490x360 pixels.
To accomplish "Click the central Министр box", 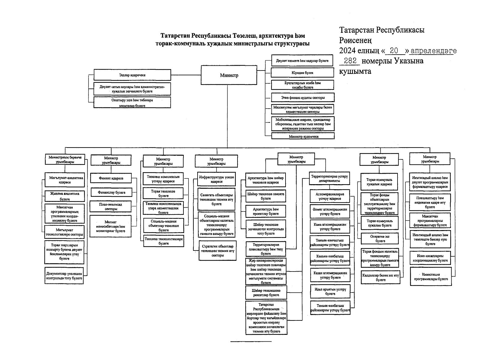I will [229, 75].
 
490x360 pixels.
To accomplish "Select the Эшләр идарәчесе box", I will [132, 75].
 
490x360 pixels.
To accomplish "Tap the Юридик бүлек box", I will [302, 73].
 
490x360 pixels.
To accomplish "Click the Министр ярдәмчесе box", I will [303, 136].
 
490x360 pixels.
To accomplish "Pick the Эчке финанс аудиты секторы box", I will [302, 97].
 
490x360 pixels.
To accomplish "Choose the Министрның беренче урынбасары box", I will [65, 159].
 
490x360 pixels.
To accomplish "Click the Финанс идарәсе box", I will [111, 178].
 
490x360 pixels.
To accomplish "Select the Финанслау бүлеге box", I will [111, 192].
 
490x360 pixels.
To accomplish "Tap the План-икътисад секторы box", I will [111, 206].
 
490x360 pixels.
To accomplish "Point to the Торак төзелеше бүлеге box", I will [163, 193].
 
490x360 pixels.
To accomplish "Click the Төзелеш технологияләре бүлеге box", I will [163, 241].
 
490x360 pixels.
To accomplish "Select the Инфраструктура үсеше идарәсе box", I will [216, 179].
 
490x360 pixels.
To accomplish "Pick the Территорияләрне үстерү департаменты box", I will [329, 178].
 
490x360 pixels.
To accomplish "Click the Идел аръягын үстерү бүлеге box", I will [330, 292].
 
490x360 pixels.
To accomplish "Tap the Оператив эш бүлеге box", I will [380, 238].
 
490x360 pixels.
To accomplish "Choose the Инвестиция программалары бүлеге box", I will [431, 277].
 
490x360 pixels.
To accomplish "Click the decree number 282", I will [350, 61].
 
